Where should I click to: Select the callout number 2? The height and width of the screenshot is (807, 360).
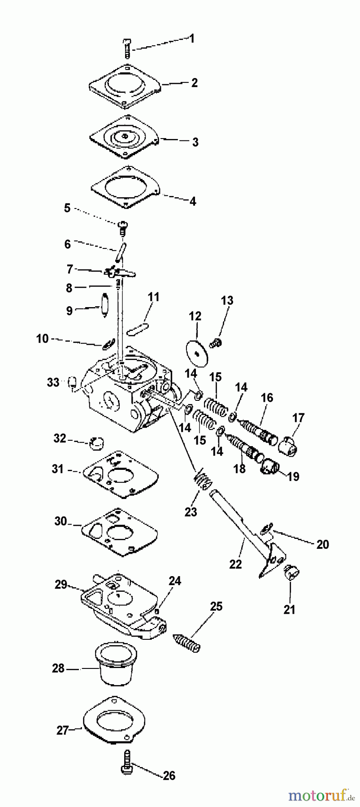pos(194,83)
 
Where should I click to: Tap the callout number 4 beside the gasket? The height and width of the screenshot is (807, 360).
pos(193,201)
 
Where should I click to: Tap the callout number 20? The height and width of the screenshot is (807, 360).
pos(322,544)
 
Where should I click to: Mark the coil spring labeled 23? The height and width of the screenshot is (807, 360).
pos(204,482)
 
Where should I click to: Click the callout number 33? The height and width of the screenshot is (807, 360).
pos(53,382)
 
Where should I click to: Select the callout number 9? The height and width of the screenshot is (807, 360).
pos(69,311)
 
